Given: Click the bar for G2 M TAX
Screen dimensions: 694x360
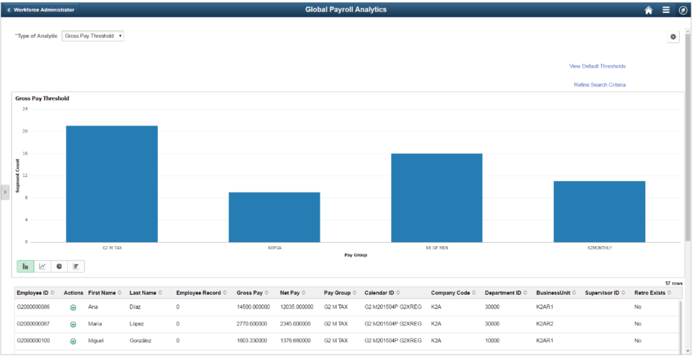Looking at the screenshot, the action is tap(112, 184).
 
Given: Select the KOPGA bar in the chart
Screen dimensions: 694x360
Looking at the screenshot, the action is tap(274, 217).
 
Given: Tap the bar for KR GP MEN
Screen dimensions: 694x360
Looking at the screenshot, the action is tap(437, 198).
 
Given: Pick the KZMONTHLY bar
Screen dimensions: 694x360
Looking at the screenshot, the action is tap(599, 212).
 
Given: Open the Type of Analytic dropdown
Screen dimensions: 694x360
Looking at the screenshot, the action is tap(92, 36).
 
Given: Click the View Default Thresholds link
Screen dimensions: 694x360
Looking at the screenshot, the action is tap(597, 66).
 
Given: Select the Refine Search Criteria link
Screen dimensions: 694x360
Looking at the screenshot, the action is tap(600, 85).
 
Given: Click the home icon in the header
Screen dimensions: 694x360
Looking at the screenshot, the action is tap(649, 10).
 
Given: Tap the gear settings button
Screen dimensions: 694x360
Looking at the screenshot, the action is tap(673, 37).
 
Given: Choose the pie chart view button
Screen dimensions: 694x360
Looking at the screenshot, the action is tap(60, 266).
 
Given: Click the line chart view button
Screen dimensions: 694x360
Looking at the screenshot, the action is tap(43, 266).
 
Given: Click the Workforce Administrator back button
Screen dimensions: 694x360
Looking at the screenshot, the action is tap(41, 9).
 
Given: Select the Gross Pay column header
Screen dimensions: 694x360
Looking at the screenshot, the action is tap(249, 293).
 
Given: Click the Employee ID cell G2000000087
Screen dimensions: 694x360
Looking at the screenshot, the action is tap(33, 323).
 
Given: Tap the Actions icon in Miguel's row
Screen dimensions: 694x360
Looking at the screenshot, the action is tap(73, 341).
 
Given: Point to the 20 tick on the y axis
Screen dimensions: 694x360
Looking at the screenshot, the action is tap(25, 131).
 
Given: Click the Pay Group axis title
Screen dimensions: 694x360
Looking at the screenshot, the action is tap(356, 255).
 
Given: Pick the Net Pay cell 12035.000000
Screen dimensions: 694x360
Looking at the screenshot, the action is tap(297, 307).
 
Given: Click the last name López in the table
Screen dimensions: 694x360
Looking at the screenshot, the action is tap(137, 323).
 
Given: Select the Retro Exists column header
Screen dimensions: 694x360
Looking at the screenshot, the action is tap(650, 293).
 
